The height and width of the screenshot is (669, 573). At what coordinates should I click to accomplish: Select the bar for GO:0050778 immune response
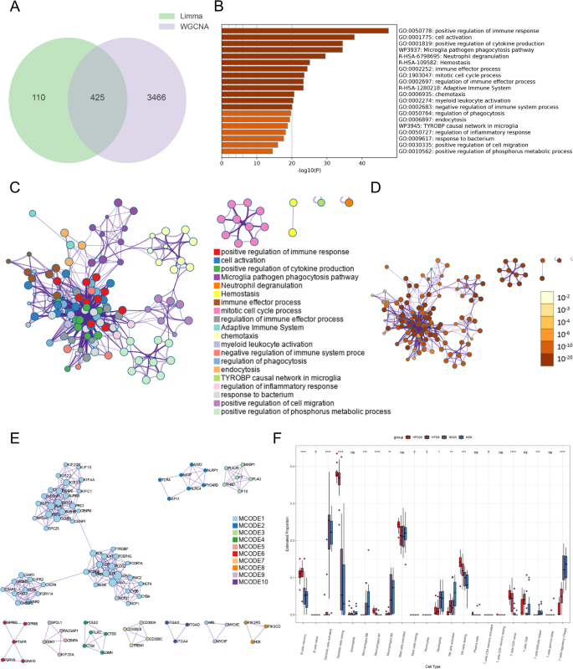coord(305,31)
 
